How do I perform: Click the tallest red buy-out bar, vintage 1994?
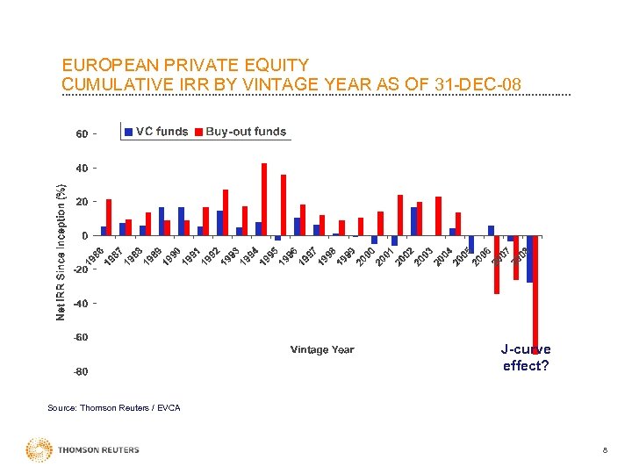click(x=264, y=199)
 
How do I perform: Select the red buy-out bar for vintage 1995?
click(x=284, y=205)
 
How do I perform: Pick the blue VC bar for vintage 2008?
click(x=529, y=259)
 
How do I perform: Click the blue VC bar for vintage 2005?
click(x=471, y=245)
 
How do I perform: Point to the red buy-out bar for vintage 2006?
click(x=497, y=264)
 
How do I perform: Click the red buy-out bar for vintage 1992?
click(x=226, y=212)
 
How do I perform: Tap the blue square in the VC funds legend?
click(x=128, y=132)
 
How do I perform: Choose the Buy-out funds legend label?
click(x=246, y=132)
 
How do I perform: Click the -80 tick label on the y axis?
click(x=80, y=372)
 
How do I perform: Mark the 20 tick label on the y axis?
click(x=81, y=202)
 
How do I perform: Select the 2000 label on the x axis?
click(x=366, y=258)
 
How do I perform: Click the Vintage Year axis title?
click(x=322, y=349)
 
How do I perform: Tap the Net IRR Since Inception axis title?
click(x=61, y=252)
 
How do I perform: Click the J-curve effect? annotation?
click(x=527, y=357)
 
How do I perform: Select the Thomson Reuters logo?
click(x=83, y=450)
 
